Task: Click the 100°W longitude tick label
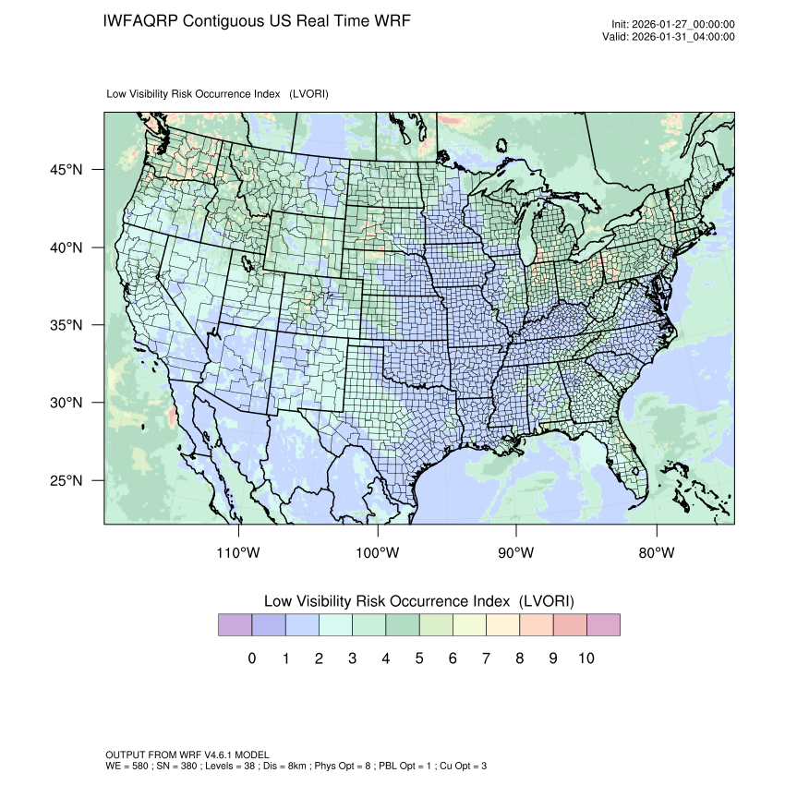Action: click(378, 553)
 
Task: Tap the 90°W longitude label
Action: click(516, 553)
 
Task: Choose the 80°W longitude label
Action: click(656, 553)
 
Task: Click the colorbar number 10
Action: click(586, 658)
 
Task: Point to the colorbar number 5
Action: click(418, 658)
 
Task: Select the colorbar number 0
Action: click(251, 658)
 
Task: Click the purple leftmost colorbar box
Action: click(235, 625)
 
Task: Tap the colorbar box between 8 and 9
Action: click(536, 625)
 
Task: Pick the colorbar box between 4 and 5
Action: click(402, 625)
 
